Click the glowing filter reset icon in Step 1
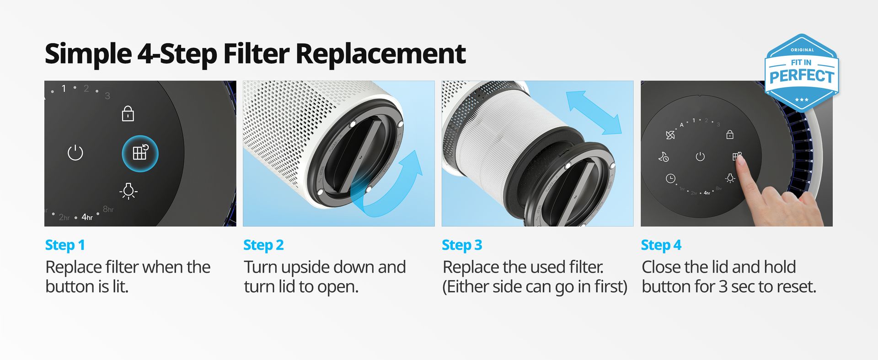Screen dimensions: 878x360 click(140, 153)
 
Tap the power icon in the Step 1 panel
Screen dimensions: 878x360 click(75, 152)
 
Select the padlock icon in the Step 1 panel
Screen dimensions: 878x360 click(128, 113)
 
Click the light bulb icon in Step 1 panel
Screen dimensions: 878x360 click(128, 191)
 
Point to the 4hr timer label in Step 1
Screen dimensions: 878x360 click(87, 217)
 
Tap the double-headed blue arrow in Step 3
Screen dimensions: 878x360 click(594, 113)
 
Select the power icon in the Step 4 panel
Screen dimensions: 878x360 click(700, 157)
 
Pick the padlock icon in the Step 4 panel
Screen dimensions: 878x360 click(730, 134)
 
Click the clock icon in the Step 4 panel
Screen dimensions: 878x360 click(670, 178)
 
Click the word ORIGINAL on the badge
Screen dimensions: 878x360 click(803, 50)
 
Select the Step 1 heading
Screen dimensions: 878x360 click(65, 245)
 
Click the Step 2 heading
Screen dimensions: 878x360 click(263, 245)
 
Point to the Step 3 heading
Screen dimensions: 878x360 click(462, 245)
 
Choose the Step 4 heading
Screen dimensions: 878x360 click(661, 245)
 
